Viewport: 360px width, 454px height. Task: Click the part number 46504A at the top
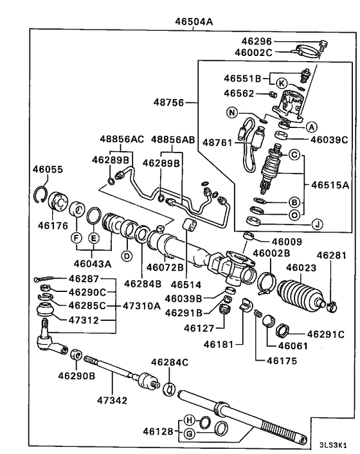point(194,22)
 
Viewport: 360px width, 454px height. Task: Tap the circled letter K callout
point(282,84)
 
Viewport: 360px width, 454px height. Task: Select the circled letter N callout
point(232,113)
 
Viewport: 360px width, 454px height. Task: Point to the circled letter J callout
point(318,224)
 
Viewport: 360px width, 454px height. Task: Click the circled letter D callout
point(127,256)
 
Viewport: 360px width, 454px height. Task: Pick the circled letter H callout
point(189,420)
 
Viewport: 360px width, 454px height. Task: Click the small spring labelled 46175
point(256,314)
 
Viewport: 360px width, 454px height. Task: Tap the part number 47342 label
point(112,401)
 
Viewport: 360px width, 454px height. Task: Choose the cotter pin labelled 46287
point(44,278)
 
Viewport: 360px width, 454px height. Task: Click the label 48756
point(168,102)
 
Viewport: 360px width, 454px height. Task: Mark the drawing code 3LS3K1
point(333,445)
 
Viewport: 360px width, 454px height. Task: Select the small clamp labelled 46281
point(332,307)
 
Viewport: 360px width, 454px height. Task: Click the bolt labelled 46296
point(323,46)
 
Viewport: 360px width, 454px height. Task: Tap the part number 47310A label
point(141,305)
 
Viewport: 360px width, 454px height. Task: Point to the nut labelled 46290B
point(76,354)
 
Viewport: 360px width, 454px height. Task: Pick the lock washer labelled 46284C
point(168,389)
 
